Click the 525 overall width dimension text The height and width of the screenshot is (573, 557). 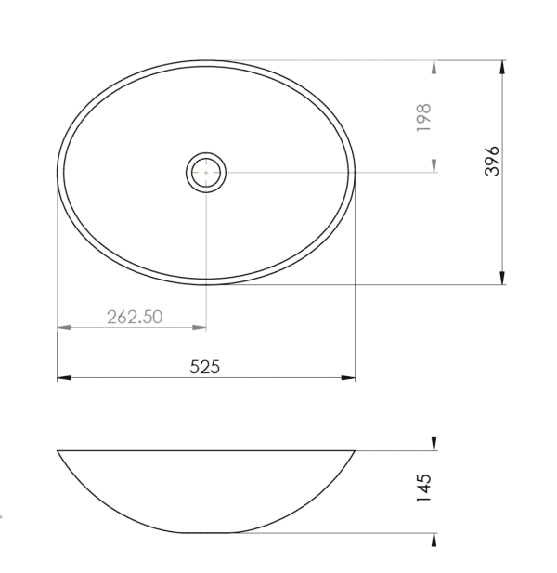click(204, 367)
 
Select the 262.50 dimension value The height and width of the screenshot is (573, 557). click(135, 316)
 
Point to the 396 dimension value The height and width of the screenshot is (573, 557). click(493, 161)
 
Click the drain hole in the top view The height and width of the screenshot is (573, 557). click(206, 173)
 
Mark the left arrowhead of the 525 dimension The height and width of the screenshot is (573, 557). click(63, 378)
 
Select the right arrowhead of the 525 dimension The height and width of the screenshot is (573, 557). click(349, 378)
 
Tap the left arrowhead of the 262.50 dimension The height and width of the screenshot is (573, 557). click(63, 327)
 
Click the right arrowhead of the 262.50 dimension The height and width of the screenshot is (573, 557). click(201, 327)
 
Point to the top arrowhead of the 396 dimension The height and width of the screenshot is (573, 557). click(502, 67)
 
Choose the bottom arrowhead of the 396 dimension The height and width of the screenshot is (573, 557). click(502, 278)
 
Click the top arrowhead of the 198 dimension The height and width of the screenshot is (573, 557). click(434, 67)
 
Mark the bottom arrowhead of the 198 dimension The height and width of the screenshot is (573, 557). click(434, 166)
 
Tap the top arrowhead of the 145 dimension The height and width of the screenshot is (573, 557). click(434, 445)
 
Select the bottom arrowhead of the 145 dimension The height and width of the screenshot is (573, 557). click(434, 540)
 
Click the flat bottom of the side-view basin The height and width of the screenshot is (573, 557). click(206, 533)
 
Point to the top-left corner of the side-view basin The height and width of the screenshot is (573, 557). click(58, 451)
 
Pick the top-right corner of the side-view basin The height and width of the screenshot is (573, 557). click(355, 451)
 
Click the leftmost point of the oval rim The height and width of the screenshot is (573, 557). click(58, 174)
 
